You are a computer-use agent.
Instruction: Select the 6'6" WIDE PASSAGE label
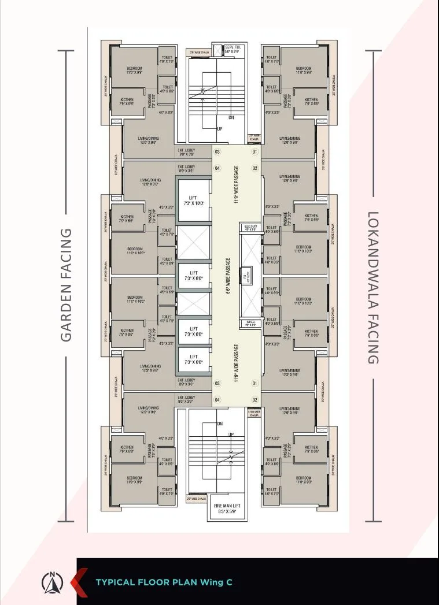[229, 276]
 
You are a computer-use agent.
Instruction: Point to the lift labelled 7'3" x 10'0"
[193, 201]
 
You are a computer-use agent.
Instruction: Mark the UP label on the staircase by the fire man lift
[231, 435]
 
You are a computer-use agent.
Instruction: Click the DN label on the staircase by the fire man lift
[219, 424]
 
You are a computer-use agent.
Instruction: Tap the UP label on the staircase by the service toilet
[219, 129]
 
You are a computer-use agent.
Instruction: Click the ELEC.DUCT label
[251, 227]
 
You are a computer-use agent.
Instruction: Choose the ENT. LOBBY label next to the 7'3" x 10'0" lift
[186, 169]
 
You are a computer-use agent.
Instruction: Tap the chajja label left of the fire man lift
[196, 499]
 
